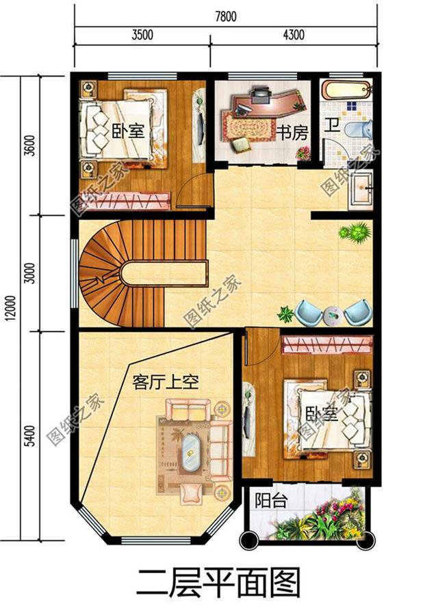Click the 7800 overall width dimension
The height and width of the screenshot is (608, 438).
225,17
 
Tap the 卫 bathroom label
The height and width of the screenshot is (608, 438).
332,126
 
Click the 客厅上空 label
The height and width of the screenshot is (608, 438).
165,383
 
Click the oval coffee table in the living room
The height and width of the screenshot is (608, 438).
190,451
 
